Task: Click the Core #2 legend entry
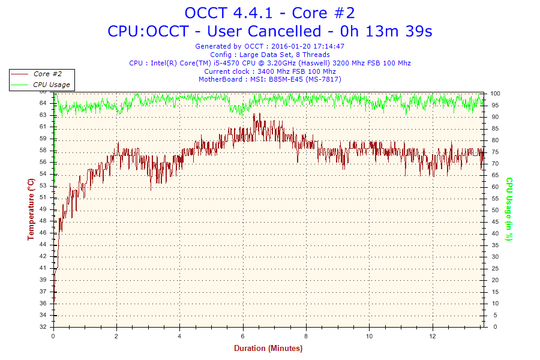[48, 74]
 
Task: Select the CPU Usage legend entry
[51, 85]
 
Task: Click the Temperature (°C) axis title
[31, 209]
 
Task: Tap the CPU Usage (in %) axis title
[509, 209]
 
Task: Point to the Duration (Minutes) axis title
[268, 348]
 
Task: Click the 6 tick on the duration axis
[243, 336]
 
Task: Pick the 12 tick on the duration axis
[433, 336]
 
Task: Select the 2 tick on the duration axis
[117, 336]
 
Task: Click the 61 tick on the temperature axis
[43, 127]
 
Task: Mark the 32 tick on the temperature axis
[43, 327]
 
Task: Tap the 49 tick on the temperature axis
[43, 209]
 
